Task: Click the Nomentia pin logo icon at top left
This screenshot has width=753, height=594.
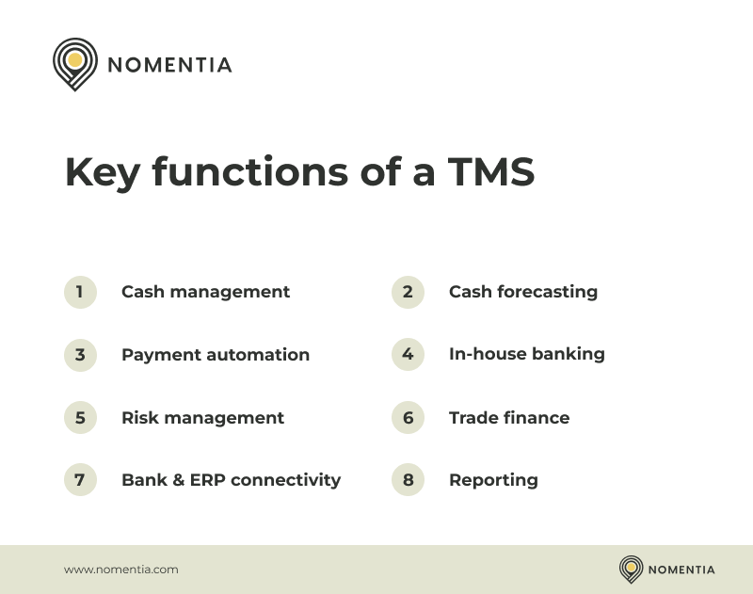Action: (75, 63)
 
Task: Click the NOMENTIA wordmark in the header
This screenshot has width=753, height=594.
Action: (169, 65)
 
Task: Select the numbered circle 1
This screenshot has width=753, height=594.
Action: (80, 292)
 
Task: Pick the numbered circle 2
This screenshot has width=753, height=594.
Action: (408, 292)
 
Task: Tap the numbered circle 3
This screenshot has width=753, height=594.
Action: (80, 355)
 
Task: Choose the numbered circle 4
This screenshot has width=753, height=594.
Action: (408, 355)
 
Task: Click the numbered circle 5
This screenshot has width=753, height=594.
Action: (80, 417)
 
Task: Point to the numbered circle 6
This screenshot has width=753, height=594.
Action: (408, 417)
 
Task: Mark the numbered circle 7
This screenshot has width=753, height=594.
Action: (80, 479)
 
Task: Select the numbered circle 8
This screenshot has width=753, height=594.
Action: (408, 479)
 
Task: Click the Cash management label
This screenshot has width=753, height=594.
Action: (205, 292)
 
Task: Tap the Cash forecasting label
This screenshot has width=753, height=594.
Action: (522, 292)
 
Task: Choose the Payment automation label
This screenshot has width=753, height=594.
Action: (215, 355)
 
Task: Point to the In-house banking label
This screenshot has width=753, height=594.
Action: (526, 355)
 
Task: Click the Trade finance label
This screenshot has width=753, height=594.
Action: (508, 417)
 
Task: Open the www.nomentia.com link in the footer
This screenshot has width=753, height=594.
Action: (120, 570)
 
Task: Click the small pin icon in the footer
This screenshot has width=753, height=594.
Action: (631, 569)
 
